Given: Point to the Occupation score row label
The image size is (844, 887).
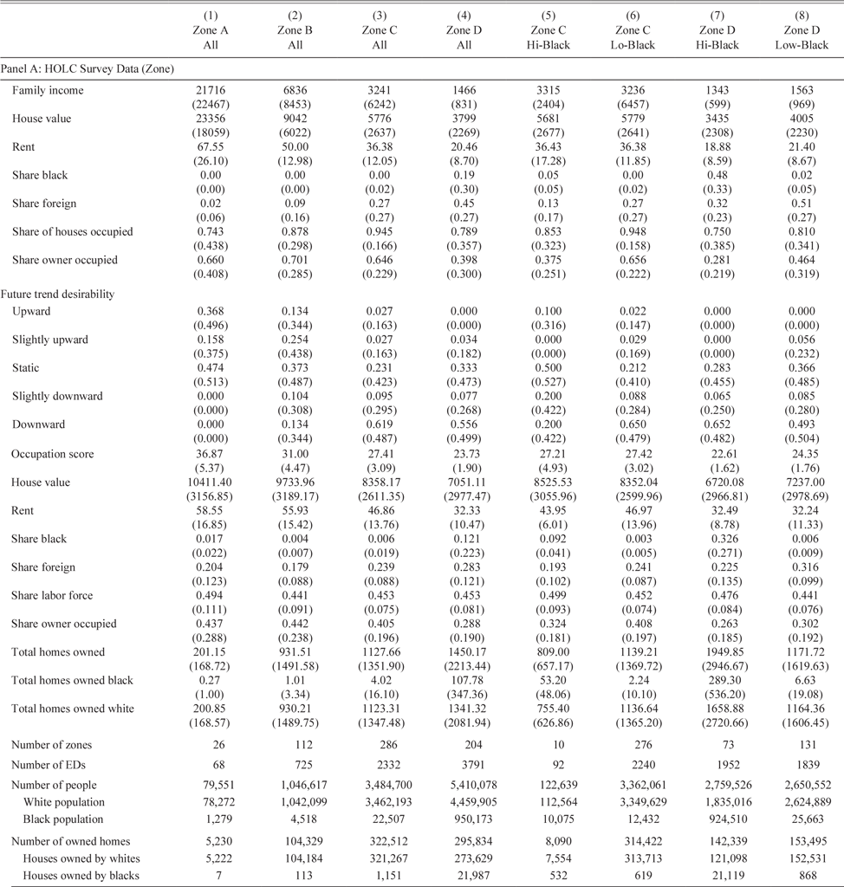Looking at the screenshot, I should (53, 454).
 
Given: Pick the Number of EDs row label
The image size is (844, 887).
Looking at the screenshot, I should (49, 766).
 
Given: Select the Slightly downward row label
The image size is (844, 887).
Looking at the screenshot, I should (57, 396).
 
